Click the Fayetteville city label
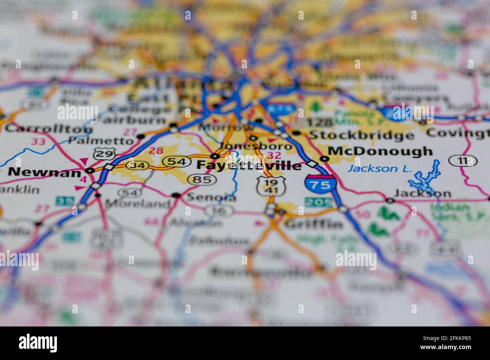(249, 165)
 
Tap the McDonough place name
(380, 151)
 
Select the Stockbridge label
(361, 134)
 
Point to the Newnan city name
(44, 172)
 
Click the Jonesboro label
(256, 146)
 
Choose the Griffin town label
(313, 225)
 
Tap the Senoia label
(211, 197)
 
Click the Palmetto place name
(101, 140)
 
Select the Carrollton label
(49, 128)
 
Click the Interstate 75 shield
(320, 184)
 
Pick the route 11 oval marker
(463, 161)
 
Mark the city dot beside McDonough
(323, 159)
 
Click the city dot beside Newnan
(90, 171)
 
